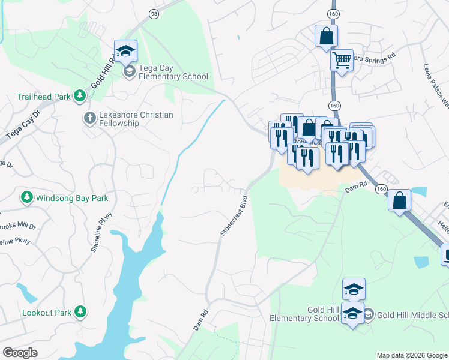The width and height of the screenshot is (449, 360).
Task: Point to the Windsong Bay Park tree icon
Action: point(26,197)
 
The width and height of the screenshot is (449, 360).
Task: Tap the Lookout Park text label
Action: point(46,313)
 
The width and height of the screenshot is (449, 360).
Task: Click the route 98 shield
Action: point(154,14)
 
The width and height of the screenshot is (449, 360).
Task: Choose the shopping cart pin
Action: point(342,60)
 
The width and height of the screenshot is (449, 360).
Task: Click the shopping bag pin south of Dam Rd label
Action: point(399,201)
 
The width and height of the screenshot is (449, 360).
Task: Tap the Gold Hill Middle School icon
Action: point(369,314)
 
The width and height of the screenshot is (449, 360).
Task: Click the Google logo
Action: point(20,353)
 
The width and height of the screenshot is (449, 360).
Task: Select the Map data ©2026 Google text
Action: point(412,355)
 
